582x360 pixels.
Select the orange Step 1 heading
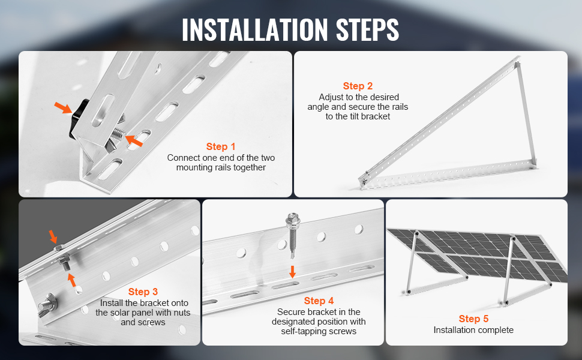(x=221, y=146)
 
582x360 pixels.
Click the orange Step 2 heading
(x=358, y=86)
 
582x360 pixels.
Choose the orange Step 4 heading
(x=319, y=301)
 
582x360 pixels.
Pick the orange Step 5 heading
(x=473, y=319)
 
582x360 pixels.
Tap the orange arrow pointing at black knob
(x=62, y=108)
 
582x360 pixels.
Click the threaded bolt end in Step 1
(x=119, y=137)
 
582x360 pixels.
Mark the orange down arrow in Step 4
(x=292, y=271)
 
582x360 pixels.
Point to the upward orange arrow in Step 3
(x=73, y=279)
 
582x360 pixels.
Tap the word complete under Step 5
(x=495, y=329)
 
